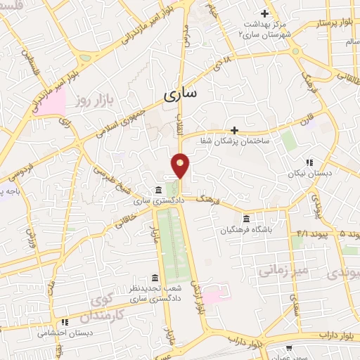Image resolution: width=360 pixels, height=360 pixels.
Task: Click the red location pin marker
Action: pos(181,165)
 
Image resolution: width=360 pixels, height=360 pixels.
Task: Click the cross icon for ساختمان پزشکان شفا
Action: pos(235,130)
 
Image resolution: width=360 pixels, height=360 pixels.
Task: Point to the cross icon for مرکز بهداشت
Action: pos(264,13)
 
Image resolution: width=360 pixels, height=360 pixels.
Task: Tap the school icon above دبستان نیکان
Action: pos(309,162)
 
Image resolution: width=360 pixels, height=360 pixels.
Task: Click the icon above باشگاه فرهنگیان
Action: pos(245,218)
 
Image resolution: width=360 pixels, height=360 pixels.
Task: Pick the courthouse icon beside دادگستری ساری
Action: pos(156,190)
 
